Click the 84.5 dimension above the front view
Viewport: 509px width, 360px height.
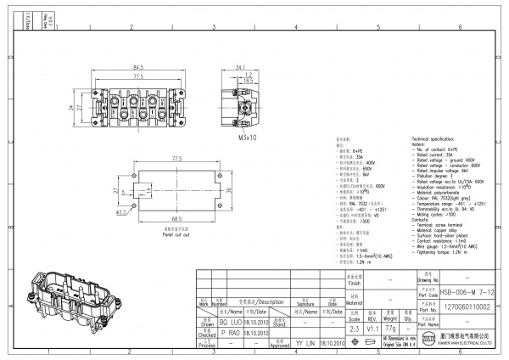tap(137, 66)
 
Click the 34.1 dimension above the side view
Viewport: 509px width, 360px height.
tap(240, 66)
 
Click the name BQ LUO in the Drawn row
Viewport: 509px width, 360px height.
tap(232, 323)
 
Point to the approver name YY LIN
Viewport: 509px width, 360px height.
tap(305, 344)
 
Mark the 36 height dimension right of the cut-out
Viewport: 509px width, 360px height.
tap(246, 190)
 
